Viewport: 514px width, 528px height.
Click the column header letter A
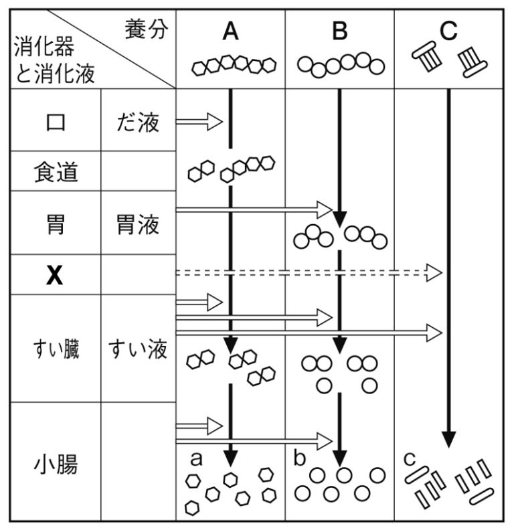pos(230,32)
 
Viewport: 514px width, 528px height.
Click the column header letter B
pos(340,32)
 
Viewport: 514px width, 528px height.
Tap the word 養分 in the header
pos(145,29)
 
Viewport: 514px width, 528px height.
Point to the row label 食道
pos(56,173)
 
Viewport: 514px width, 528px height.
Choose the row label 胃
pos(56,224)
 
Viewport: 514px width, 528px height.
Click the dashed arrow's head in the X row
pos(436,273)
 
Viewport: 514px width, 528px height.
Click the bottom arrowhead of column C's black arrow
pos(448,440)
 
